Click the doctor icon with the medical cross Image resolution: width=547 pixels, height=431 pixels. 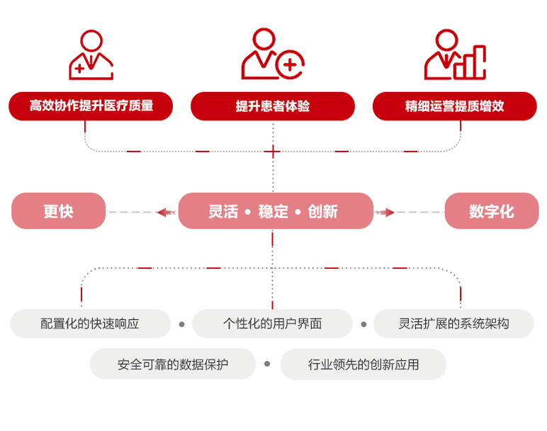click(91, 55)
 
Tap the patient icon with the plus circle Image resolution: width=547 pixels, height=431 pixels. click(272, 55)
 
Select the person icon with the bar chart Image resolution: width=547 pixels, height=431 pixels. click(455, 55)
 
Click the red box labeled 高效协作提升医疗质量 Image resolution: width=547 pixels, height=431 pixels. click(91, 106)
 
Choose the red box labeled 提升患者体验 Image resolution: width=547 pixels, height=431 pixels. click(273, 106)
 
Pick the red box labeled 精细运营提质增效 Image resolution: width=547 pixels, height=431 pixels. click(455, 106)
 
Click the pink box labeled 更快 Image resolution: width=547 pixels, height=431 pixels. click(59, 211)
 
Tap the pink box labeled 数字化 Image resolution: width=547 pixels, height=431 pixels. click(492, 211)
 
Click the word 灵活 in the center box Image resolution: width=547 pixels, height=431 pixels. click(223, 211)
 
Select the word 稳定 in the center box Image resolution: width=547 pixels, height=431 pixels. click(273, 211)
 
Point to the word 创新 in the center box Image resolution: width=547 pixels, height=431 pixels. click(322, 211)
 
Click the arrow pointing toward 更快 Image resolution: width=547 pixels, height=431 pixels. click(166, 212)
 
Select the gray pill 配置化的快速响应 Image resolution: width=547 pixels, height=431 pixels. click(90, 323)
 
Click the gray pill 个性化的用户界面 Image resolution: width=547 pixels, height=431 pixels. click(272, 323)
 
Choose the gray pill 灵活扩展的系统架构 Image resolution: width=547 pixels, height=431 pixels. click(453, 323)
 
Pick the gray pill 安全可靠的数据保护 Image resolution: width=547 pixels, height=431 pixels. click(173, 364)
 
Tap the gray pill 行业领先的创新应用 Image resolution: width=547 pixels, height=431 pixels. click(363, 364)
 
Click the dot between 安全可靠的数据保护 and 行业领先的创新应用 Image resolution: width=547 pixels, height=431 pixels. click(267, 364)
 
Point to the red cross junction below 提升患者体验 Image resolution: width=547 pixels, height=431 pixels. click(273, 151)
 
